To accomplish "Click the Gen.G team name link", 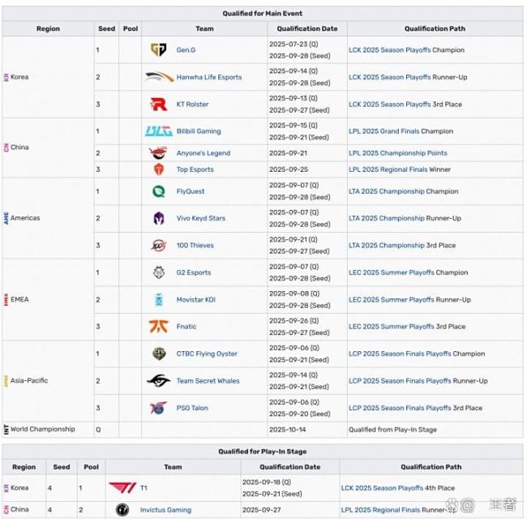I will [186, 50].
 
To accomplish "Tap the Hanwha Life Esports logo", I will [159, 77].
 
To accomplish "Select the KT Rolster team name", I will [192, 105].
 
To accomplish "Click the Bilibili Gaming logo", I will [159, 131].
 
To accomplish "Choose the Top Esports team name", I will [195, 169].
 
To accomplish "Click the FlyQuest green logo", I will [159, 191].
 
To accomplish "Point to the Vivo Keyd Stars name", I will [200, 218].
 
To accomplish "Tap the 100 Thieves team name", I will [194, 246].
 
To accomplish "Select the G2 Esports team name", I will [193, 273].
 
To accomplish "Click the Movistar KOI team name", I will [195, 300].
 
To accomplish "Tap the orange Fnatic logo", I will [159, 327].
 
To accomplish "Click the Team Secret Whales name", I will [208, 381].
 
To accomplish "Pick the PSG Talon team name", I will [192, 409].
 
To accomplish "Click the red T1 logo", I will [122, 488].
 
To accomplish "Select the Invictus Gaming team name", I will [165, 510].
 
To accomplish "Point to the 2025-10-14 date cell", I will [288, 430].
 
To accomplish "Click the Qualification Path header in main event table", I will [434, 28].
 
